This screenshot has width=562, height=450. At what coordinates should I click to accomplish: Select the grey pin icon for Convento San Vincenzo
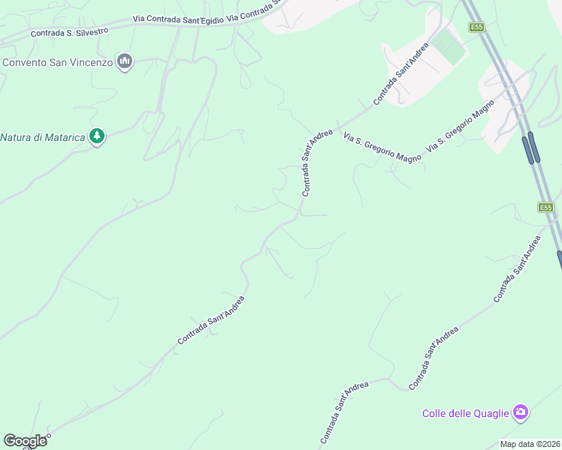tap(125, 61)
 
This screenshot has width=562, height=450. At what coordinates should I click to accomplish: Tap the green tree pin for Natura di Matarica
tap(96, 136)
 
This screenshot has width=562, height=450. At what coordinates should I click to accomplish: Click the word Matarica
tap(63, 137)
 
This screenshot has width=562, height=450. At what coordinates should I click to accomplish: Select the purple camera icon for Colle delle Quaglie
tap(520, 412)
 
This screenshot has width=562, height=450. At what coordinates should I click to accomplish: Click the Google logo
tap(25, 441)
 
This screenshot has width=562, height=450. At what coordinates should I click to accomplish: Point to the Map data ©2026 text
tap(530, 444)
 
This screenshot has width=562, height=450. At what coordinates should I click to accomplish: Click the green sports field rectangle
tap(449, 46)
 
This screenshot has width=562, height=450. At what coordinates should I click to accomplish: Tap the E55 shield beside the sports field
tap(476, 28)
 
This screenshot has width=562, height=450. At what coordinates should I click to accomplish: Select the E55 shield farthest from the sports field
tap(545, 207)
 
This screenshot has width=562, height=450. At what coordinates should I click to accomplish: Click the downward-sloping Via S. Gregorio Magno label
tap(382, 148)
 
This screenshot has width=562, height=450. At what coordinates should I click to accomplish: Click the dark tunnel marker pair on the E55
tap(531, 147)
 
